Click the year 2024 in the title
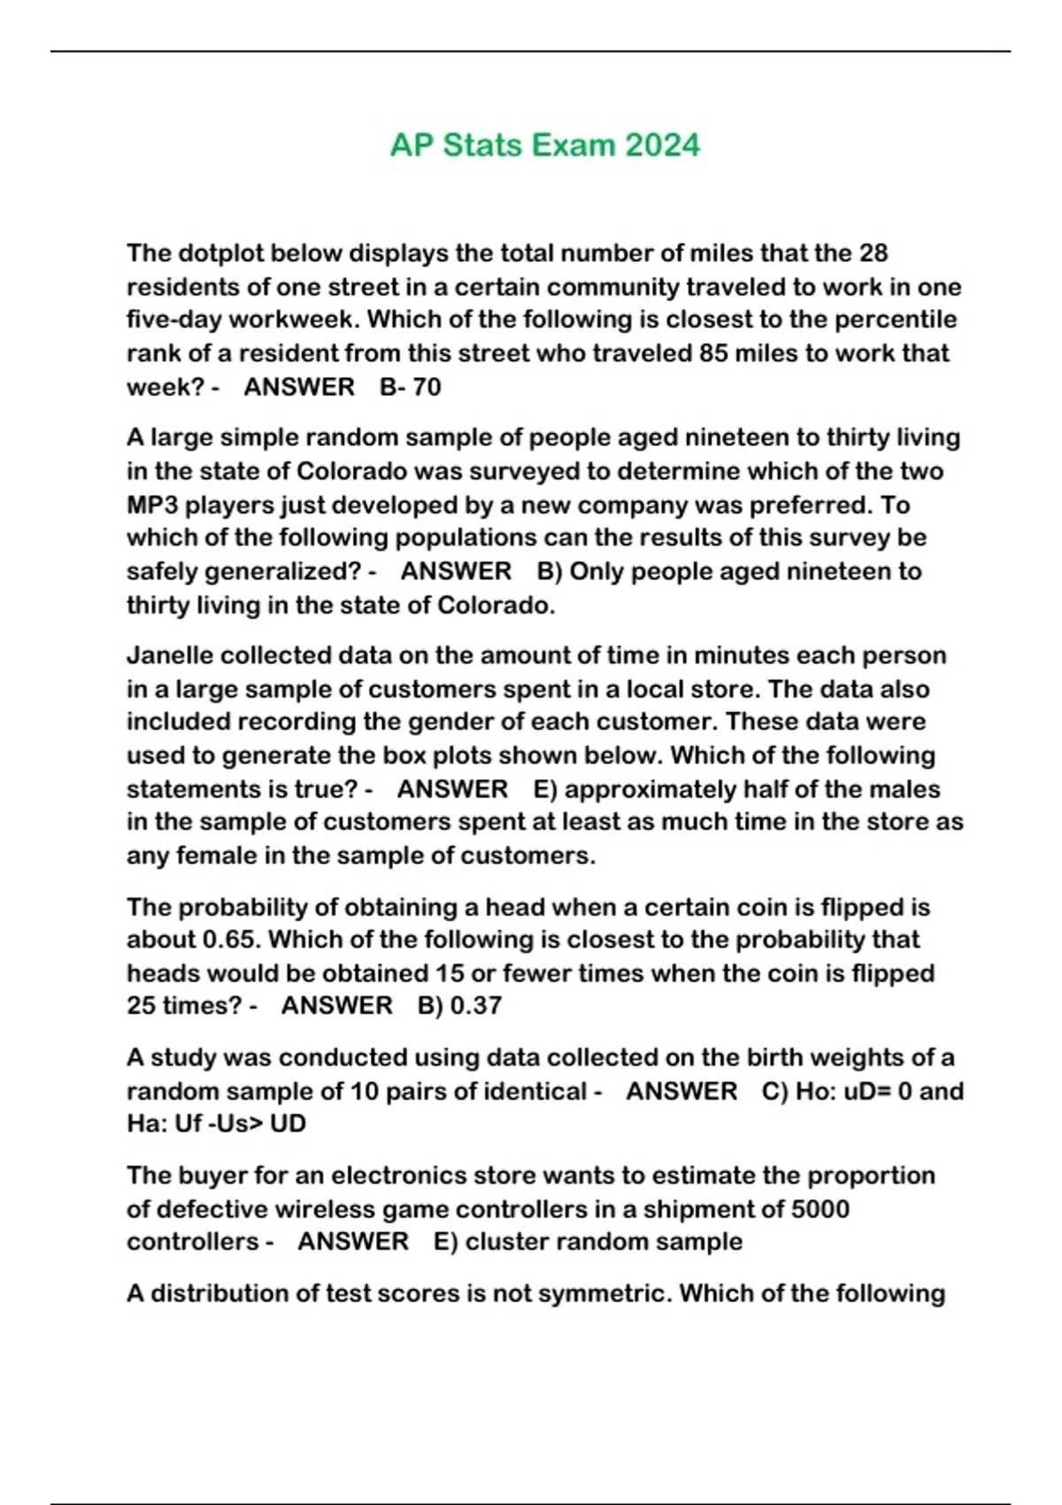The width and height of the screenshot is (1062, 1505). point(662,145)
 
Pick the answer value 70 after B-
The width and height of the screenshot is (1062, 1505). point(427,387)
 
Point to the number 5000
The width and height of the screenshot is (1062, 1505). point(816,1209)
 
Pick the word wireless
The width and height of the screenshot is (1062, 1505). point(318,1209)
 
